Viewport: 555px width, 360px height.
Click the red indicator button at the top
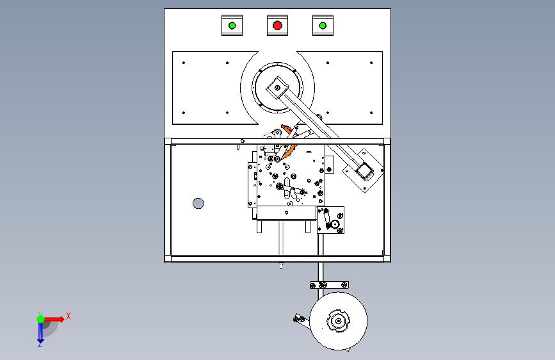click(x=278, y=26)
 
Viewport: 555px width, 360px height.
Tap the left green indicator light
click(x=232, y=26)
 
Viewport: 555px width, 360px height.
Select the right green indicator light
click(x=323, y=26)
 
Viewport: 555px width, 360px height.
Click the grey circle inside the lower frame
click(x=198, y=204)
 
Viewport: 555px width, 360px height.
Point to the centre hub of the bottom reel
click(x=339, y=321)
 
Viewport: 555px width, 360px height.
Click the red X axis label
click(x=68, y=316)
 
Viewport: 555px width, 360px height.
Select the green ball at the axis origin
click(x=40, y=319)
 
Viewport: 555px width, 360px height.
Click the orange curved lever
click(x=288, y=142)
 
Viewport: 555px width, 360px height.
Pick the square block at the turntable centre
click(x=278, y=88)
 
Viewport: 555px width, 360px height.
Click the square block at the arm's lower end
click(x=364, y=171)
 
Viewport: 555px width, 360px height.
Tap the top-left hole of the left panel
click(x=184, y=63)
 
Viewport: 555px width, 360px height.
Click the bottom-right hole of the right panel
click(x=371, y=113)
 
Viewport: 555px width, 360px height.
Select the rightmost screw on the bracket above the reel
click(x=344, y=285)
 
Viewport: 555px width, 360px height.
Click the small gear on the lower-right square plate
click(x=335, y=224)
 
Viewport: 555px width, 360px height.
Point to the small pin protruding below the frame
click(x=281, y=265)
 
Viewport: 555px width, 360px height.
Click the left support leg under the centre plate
click(x=259, y=227)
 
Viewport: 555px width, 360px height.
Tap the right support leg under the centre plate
click(x=308, y=227)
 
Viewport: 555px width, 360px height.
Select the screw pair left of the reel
click(x=299, y=319)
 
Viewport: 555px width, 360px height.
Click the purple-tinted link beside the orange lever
click(x=277, y=134)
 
